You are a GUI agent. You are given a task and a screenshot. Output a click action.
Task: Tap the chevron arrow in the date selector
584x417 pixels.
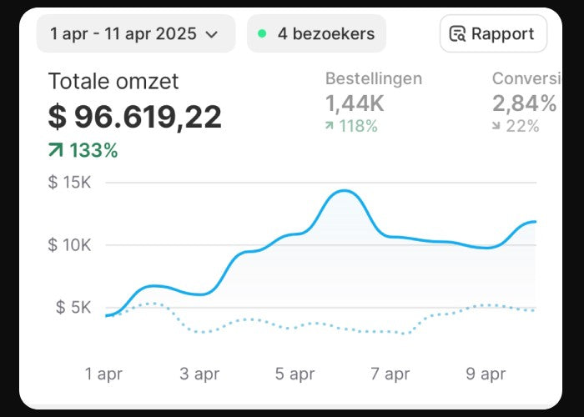[x=212, y=35]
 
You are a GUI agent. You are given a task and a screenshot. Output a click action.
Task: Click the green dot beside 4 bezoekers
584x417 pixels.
[x=262, y=34]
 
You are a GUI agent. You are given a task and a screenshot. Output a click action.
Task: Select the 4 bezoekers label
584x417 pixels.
[x=326, y=34]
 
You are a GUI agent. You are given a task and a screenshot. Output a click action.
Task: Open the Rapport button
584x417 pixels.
[x=493, y=34]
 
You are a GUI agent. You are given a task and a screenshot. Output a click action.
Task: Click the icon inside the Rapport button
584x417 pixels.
[x=457, y=34]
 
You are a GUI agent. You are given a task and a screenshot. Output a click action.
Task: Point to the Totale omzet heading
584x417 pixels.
[x=113, y=82]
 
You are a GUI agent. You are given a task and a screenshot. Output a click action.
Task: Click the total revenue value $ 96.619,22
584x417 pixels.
[x=135, y=117]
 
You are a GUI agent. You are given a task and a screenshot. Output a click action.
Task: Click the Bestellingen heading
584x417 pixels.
[x=373, y=78]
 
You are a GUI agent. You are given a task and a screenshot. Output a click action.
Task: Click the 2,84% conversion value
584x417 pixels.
[x=524, y=103]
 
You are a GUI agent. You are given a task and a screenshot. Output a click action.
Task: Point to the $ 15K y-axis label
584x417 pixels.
[x=69, y=183]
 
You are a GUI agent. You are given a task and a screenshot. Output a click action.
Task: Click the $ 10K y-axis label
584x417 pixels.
[x=69, y=245]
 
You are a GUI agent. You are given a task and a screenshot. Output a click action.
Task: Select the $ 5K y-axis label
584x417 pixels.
[x=73, y=307]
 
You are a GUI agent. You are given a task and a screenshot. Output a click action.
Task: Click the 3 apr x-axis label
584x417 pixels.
[x=199, y=374]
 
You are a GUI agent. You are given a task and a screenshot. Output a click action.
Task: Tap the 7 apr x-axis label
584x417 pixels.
[x=390, y=374]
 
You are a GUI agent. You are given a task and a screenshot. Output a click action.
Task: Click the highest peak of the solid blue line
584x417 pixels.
[x=344, y=191]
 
